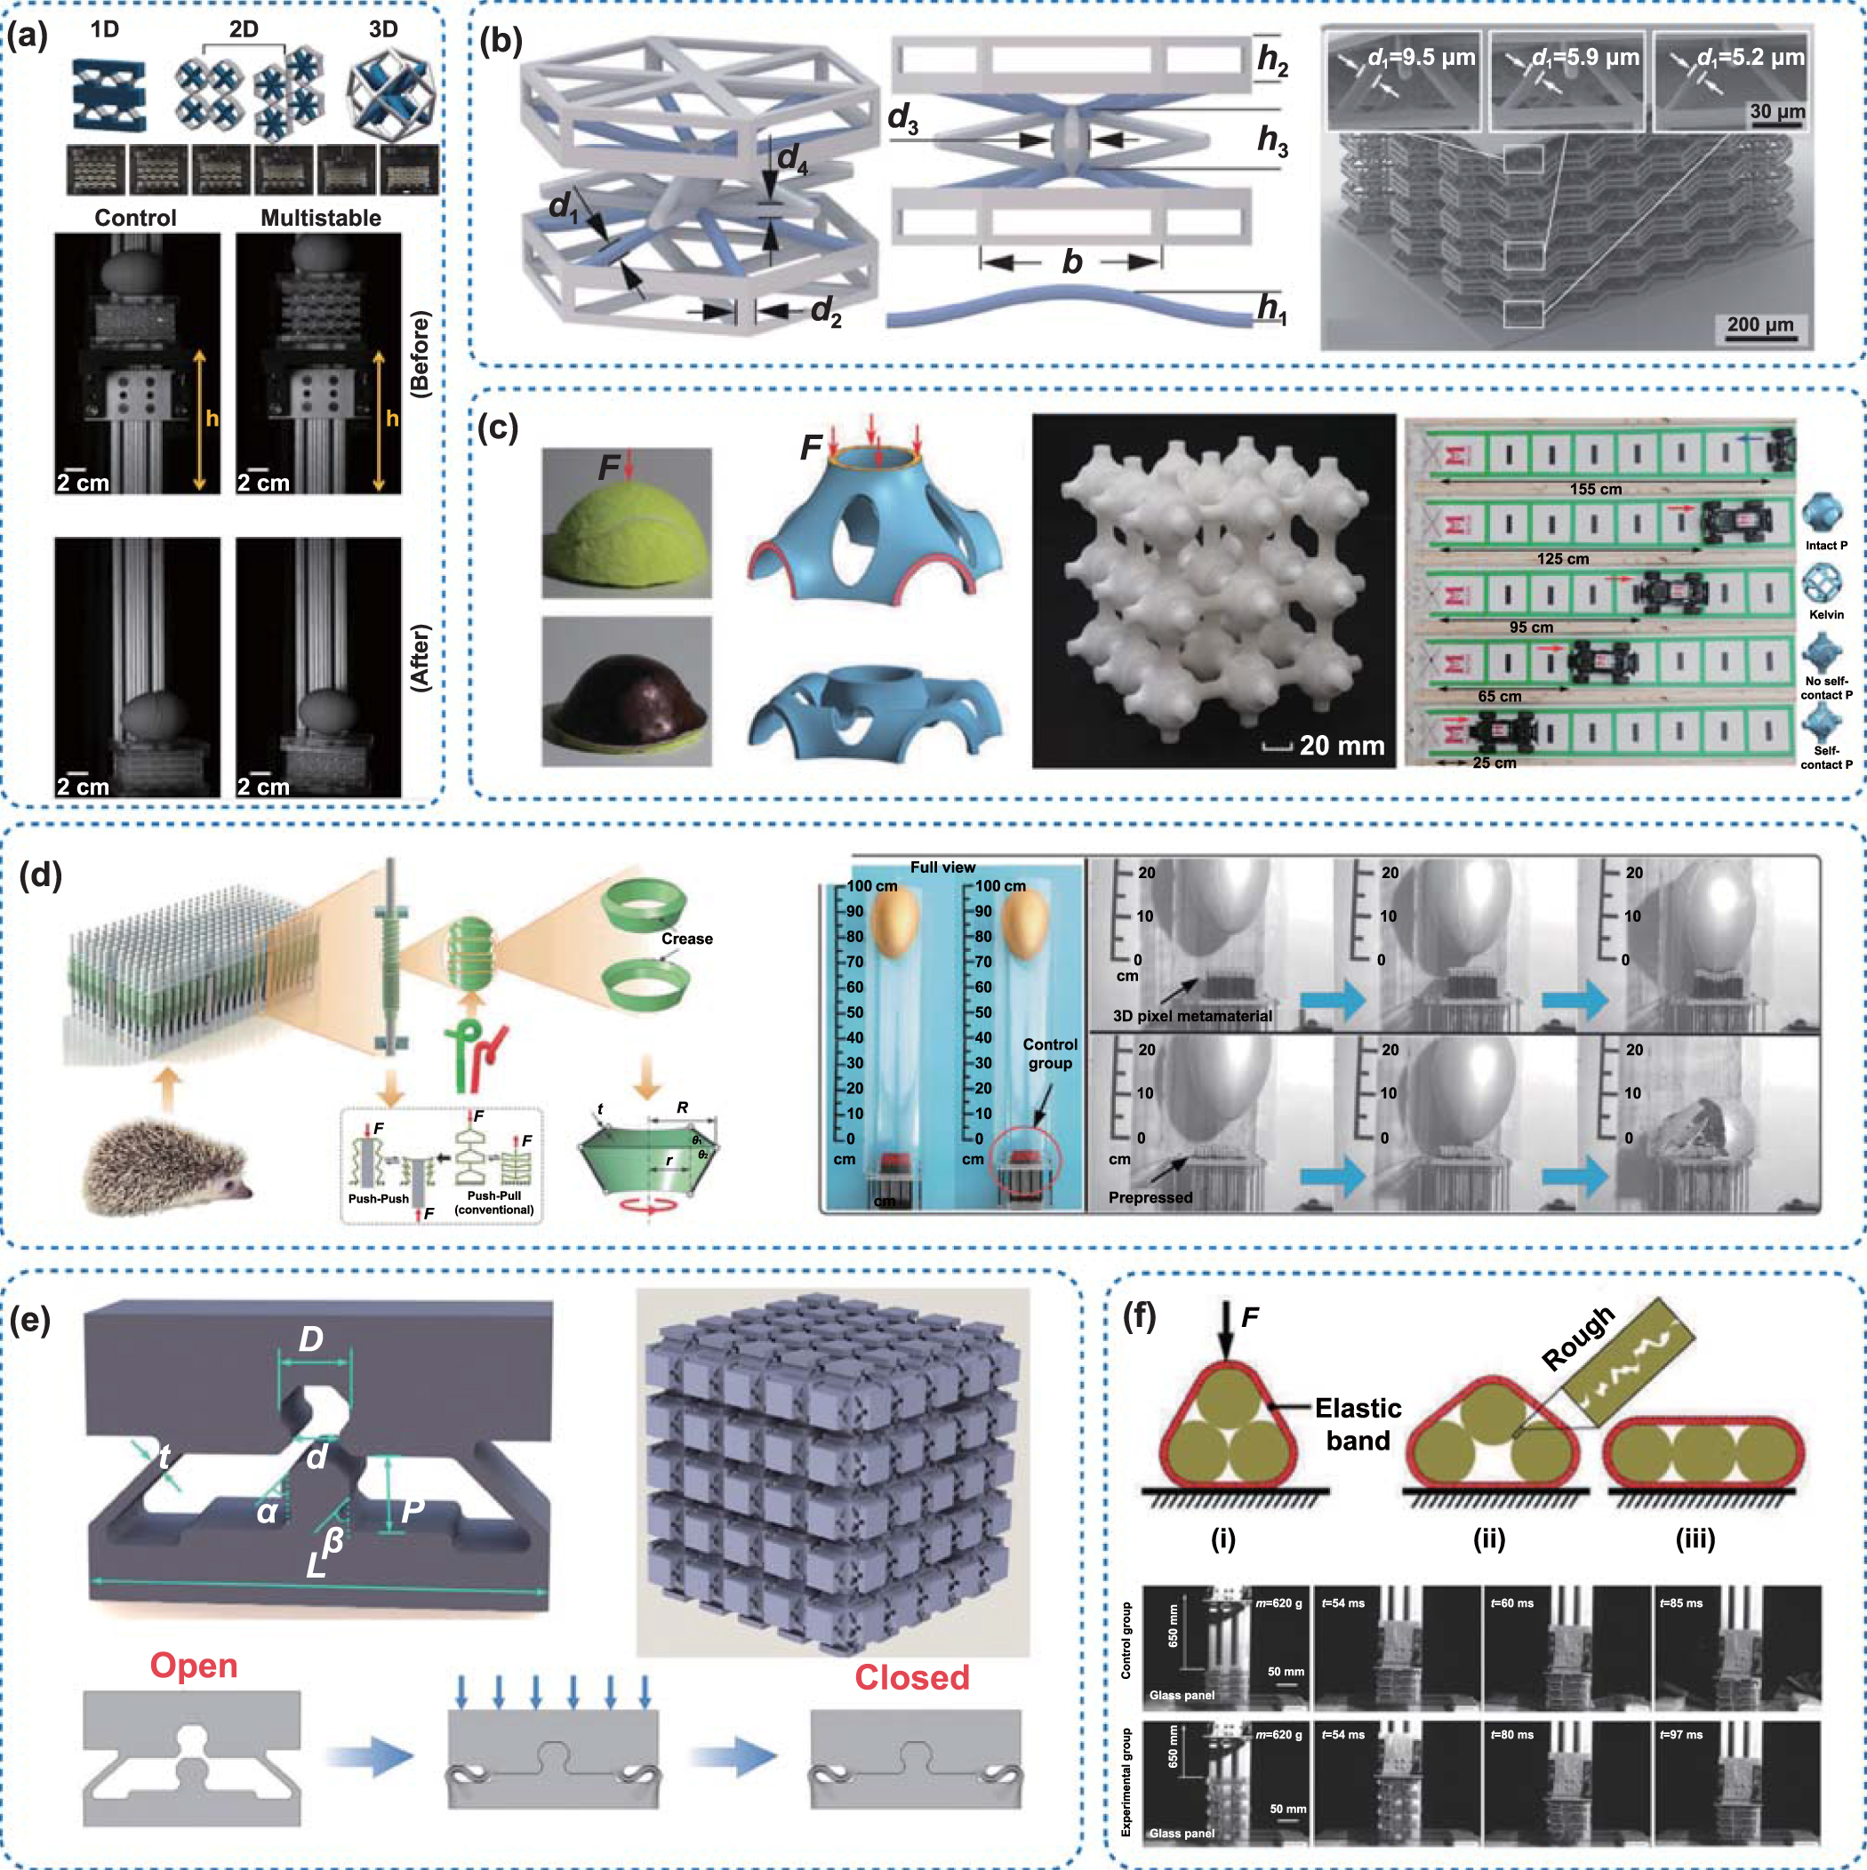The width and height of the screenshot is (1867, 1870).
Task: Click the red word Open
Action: (x=194, y=1666)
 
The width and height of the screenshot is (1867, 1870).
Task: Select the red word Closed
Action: (x=911, y=1677)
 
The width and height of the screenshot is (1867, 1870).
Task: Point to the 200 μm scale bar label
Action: (x=1760, y=324)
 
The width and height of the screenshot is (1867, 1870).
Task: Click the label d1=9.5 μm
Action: (x=1421, y=57)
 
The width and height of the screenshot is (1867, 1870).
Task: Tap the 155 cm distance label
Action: (x=1595, y=489)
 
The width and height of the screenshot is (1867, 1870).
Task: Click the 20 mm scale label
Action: (x=1342, y=746)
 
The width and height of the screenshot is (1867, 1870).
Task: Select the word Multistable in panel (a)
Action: (x=321, y=218)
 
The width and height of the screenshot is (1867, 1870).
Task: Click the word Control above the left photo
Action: (x=135, y=218)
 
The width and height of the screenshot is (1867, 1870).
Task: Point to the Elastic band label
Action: (x=1358, y=1424)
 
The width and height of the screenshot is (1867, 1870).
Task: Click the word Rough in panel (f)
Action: (x=1577, y=1338)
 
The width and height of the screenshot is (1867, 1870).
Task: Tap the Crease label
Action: (x=686, y=939)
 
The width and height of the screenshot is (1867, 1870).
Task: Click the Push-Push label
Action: (x=378, y=1198)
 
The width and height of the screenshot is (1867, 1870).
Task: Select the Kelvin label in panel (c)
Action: (x=1826, y=615)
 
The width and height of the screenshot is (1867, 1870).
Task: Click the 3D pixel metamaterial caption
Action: (x=1192, y=1015)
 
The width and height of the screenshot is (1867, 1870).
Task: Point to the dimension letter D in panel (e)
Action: (x=311, y=1339)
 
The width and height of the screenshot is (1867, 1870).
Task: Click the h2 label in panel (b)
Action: (x=1272, y=61)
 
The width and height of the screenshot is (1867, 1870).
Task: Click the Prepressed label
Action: (x=1150, y=1197)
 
